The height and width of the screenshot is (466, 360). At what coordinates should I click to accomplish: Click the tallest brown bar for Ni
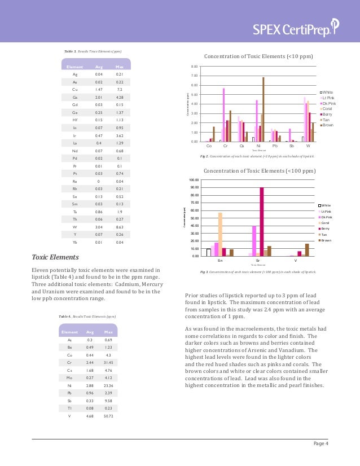pos(263,110)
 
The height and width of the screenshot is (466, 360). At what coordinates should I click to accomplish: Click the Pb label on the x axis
pos(274,146)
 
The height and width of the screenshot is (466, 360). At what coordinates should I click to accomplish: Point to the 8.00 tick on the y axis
pos(194,66)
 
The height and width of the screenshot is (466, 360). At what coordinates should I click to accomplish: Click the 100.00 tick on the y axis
pos(193,179)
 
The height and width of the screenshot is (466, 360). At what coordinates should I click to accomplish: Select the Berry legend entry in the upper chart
pos(328,113)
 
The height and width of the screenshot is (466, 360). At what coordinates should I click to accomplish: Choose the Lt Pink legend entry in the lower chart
pos(326,212)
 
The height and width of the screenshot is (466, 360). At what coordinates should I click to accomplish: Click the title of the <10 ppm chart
pos(259,56)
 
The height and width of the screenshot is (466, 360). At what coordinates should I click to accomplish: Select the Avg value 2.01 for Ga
pos(99,97)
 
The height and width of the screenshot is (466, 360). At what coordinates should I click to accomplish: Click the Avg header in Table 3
pos(99,67)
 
